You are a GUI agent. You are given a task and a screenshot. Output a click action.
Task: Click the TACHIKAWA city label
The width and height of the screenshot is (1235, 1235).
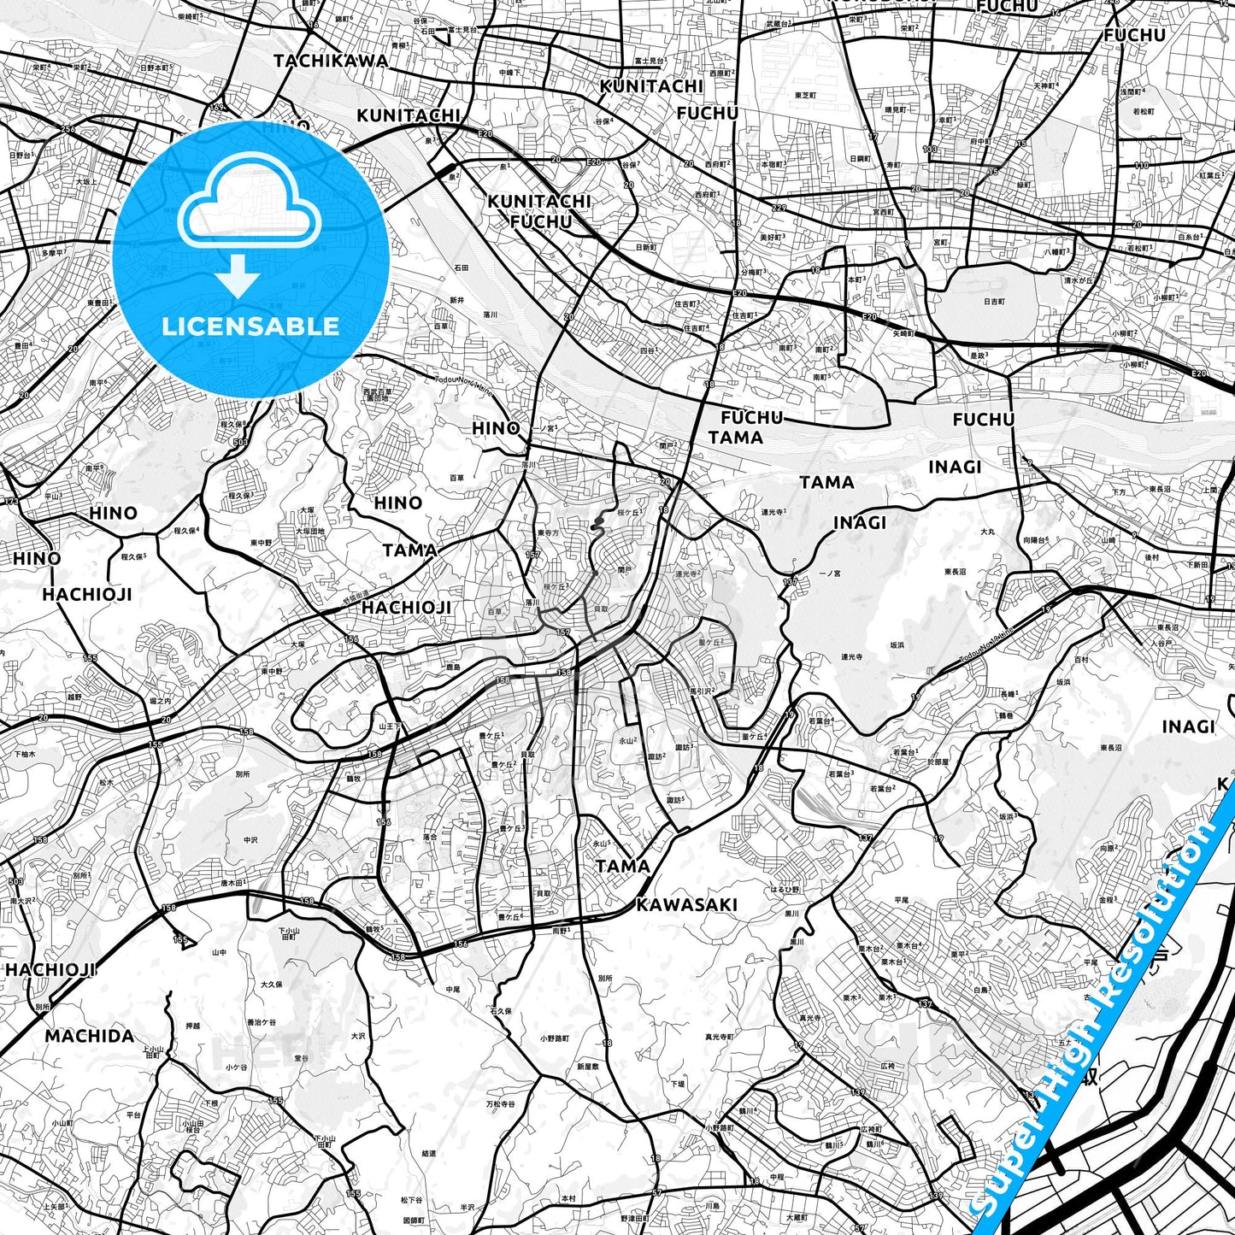point(331,62)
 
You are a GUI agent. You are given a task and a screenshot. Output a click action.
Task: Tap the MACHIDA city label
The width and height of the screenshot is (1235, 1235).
point(90,1037)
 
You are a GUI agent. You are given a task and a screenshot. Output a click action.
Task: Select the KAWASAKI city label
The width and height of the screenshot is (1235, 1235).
point(686,905)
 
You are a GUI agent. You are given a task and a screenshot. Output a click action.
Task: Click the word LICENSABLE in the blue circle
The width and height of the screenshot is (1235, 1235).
point(250,326)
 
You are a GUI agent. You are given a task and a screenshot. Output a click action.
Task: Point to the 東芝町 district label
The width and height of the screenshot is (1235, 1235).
point(806,95)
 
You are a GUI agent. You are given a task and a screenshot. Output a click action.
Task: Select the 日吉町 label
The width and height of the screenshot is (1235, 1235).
point(994,302)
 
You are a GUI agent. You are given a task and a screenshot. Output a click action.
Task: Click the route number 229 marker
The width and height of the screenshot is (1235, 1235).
point(779,209)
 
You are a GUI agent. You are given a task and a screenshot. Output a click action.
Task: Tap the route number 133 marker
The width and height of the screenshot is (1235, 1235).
point(930,150)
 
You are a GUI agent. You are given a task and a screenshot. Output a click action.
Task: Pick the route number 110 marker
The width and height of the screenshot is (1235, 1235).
point(1142,166)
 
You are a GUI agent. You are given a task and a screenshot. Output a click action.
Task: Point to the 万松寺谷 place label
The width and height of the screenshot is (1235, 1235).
point(501,1104)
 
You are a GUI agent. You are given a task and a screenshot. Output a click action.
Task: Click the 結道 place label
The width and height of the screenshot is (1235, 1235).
point(428,1153)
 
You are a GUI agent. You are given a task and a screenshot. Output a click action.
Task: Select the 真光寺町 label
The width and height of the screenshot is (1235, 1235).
point(720,1037)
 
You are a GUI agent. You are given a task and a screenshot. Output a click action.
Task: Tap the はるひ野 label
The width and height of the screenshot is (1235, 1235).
point(785,890)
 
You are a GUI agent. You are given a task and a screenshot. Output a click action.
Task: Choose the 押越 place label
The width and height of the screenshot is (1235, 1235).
point(192,1026)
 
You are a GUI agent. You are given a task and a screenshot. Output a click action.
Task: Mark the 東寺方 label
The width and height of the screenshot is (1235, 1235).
point(549,532)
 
